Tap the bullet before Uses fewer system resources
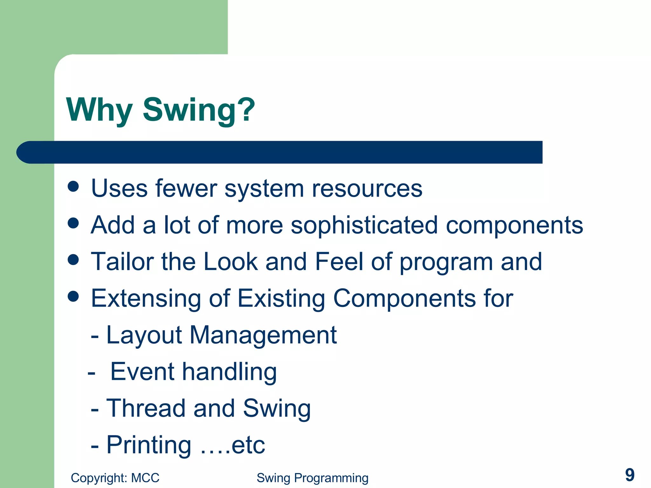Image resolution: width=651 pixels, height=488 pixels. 73,186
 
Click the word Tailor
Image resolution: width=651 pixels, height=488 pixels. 122,261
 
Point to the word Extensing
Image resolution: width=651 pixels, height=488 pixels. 146,299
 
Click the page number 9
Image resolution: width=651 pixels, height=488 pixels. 629,475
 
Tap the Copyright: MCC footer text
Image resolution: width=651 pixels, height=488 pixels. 115,478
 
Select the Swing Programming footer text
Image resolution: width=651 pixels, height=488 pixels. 312,478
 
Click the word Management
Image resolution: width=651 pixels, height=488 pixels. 263,335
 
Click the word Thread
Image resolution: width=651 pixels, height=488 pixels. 146,408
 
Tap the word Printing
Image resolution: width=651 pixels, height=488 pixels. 148,445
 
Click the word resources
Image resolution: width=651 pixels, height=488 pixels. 367,189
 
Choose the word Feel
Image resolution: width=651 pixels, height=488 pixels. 339,261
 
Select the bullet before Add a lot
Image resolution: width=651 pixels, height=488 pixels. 73,223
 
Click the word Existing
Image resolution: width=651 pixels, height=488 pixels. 281,299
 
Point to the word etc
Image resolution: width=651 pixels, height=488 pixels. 248,445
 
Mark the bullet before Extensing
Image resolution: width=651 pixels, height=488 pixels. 73,296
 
